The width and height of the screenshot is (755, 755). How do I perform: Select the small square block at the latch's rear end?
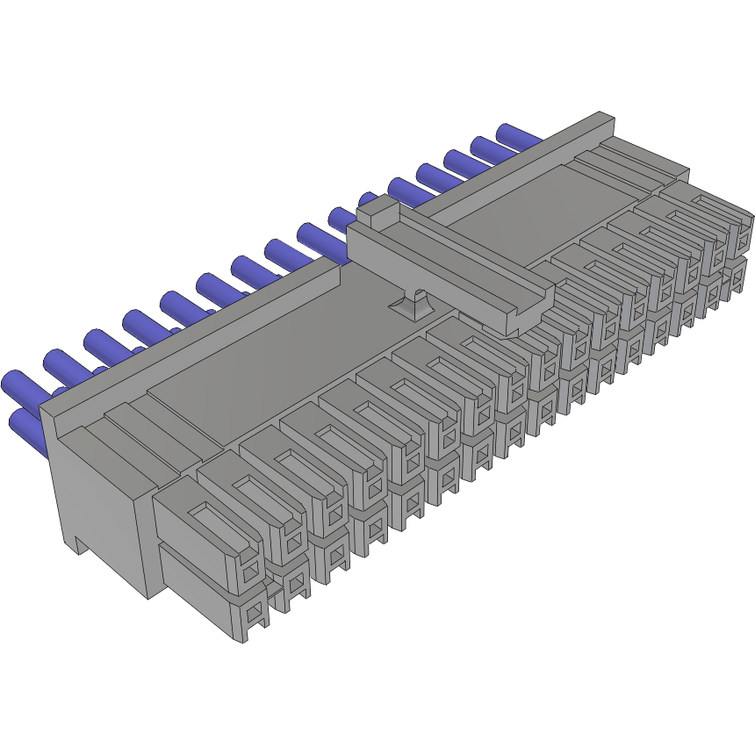pyautogui.click(x=377, y=207)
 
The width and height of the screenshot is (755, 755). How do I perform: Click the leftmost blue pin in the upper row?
pyautogui.click(x=19, y=385)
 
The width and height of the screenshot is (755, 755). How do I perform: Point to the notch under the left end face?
pyautogui.click(x=77, y=546)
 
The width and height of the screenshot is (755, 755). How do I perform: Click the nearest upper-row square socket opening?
pyautogui.click(x=251, y=573)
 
